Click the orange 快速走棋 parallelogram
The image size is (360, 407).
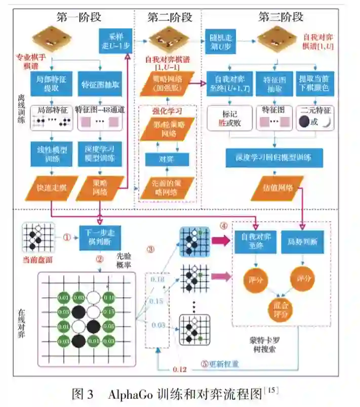51,187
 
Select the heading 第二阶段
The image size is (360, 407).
170,17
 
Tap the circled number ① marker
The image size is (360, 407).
65,236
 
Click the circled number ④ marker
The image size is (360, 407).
222,225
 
